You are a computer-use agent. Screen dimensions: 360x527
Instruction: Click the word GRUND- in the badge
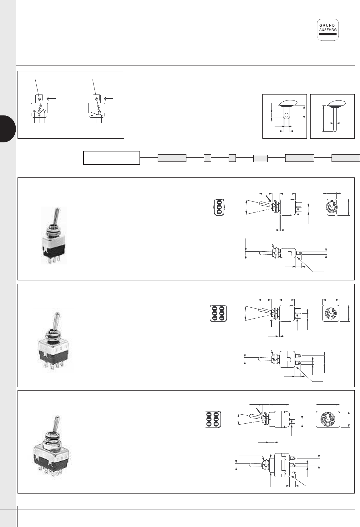(x=328, y=25)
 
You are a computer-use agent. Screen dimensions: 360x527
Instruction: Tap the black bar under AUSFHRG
(x=328, y=34)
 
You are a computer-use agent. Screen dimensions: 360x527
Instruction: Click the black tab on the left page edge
(x=8, y=129)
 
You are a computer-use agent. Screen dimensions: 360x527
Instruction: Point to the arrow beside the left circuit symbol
(x=51, y=99)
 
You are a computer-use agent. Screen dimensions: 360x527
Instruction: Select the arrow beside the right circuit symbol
(x=109, y=99)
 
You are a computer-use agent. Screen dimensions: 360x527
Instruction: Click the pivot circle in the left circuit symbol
(x=39, y=99)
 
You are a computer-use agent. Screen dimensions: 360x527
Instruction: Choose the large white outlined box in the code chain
(x=111, y=158)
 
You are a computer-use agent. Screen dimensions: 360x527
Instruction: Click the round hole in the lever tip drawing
(x=286, y=115)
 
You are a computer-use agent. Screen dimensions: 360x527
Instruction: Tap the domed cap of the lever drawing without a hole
(x=337, y=103)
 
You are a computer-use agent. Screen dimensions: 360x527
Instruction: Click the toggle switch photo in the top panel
(x=54, y=235)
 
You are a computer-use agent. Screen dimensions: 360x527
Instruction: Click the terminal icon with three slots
(x=219, y=207)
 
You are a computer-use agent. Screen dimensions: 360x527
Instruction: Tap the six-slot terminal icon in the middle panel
(x=218, y=313)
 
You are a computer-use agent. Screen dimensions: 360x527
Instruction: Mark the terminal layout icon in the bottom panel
(x=213, y=419)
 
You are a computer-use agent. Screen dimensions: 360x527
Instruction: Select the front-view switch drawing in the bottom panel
(x=328, y=419)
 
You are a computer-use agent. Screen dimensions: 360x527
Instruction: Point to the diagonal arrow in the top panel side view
(x=268, y=198)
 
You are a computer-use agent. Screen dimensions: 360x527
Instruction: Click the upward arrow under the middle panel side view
(x=271, y=323)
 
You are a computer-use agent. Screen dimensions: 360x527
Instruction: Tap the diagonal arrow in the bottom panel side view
(x=259, y=411)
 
